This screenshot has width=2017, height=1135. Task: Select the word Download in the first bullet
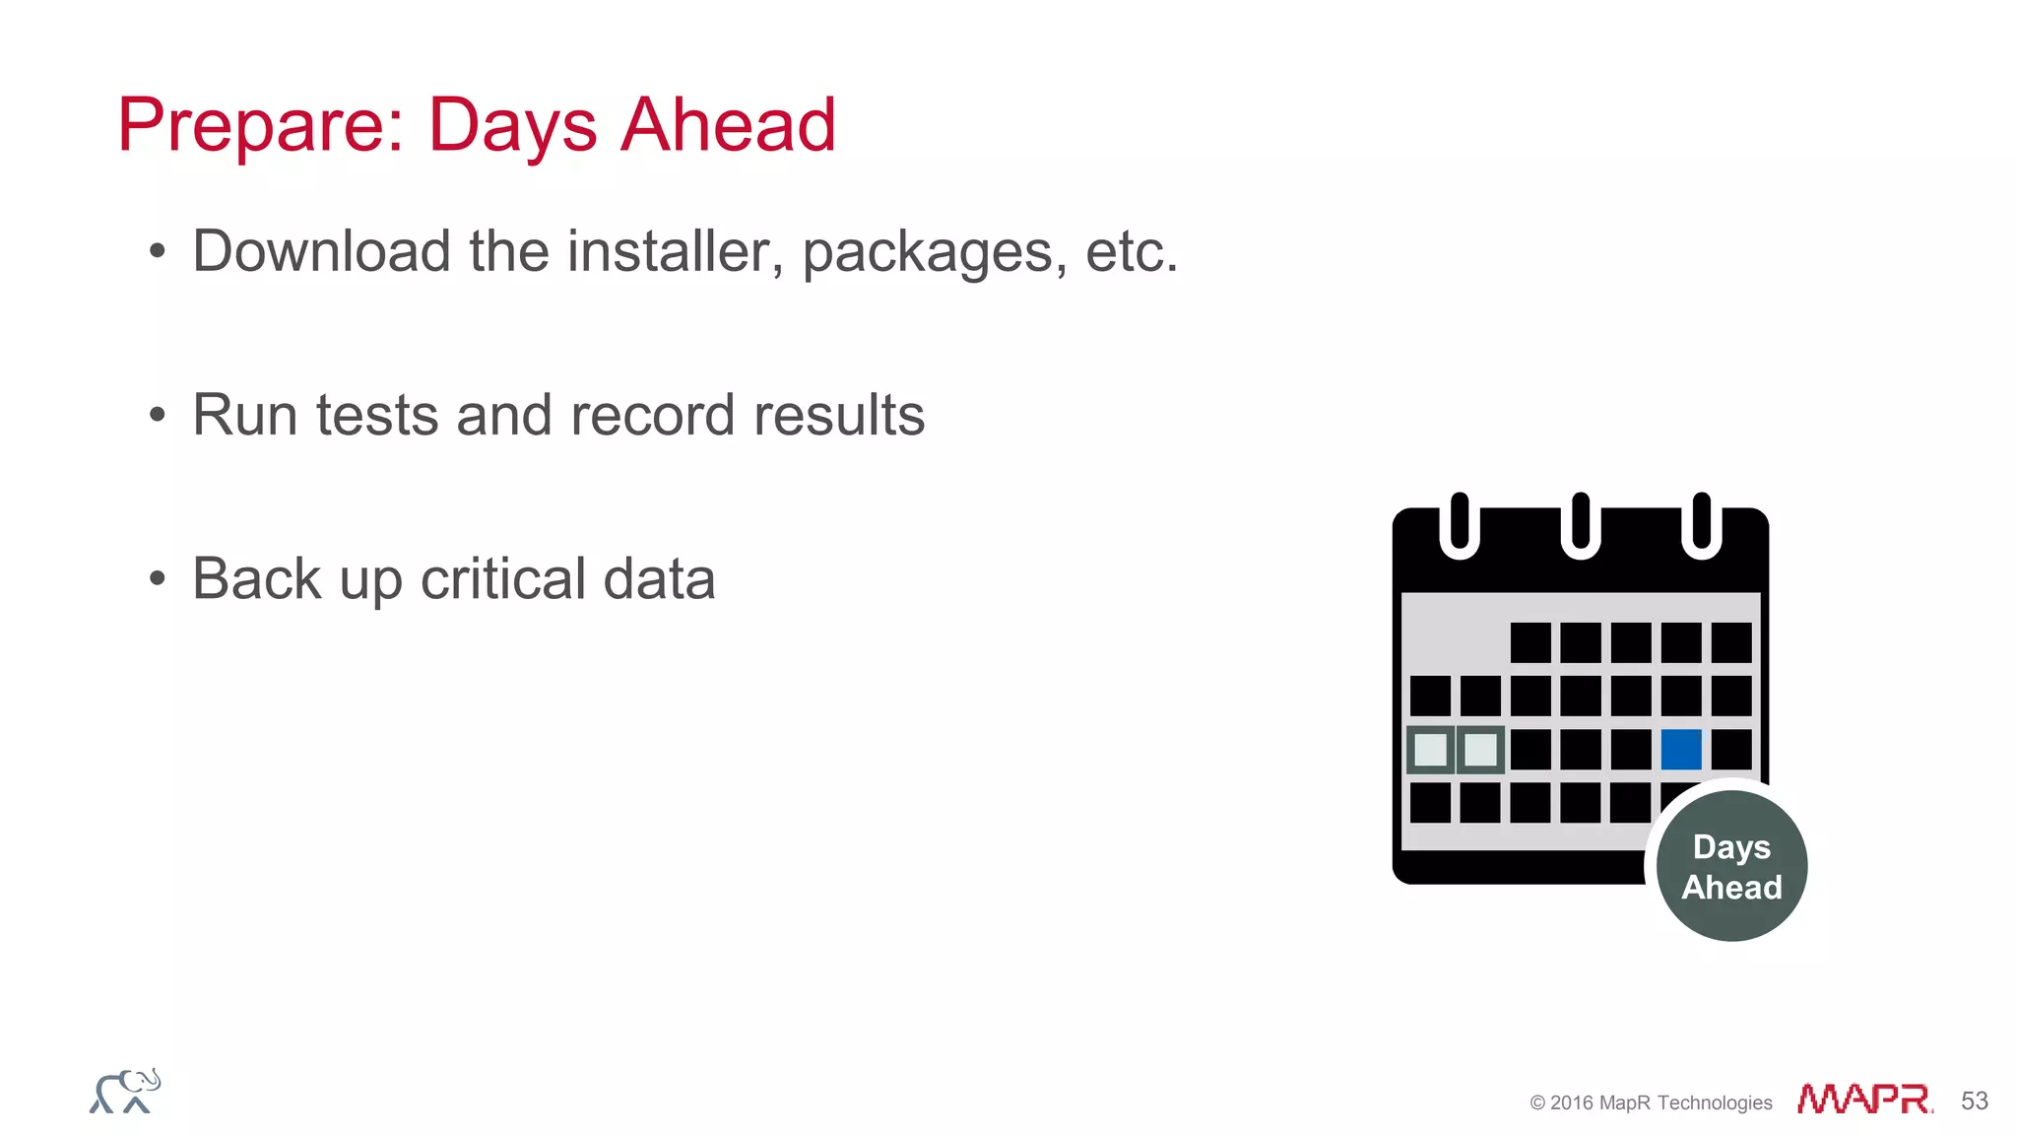[x=321, y=251]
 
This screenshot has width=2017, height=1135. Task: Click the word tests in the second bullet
[x=376, y=415]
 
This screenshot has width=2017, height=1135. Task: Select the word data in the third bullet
[x=659, y=578]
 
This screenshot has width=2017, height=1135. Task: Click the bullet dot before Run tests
[x=158, y=415]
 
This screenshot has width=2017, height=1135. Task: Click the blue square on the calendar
[x=1681, y=750]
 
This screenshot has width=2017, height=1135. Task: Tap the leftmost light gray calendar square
[x=1430, y=750]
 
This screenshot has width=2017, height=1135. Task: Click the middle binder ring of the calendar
[x=1581, y=525]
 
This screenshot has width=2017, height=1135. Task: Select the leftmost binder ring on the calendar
[x=1460, y=525]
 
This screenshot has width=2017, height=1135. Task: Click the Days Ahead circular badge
[x=1731, y=867]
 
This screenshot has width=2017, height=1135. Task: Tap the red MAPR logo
[x=1864, y=1100]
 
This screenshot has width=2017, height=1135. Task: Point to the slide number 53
[x=1974, y=1101]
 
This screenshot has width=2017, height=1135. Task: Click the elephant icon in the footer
[x=125, y=1092]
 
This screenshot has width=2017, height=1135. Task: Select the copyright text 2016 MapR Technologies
[x=1652, y=1102]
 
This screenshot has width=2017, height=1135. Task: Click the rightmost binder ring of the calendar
[x=1701, y=525]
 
